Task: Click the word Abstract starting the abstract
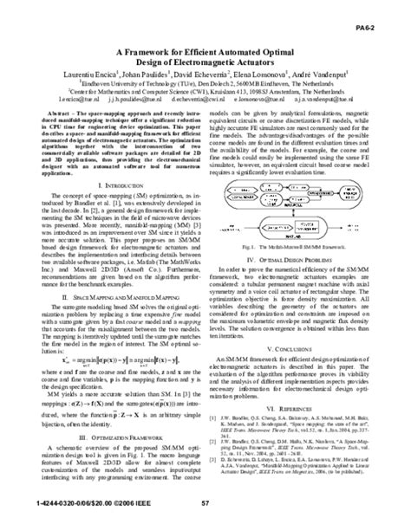pos(58,113)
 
